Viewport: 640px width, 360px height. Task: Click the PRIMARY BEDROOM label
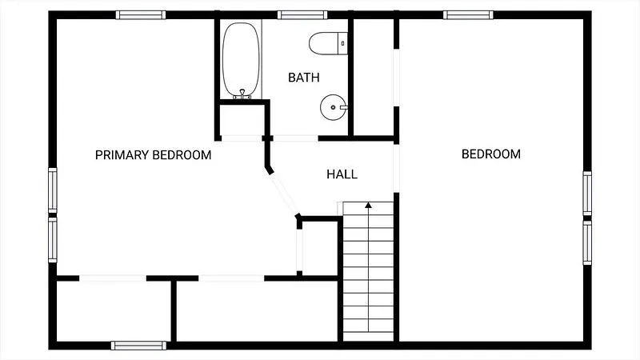(x=153, y=155)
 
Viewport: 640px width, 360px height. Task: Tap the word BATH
(x=304, y=78)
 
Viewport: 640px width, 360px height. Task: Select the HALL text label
(x=342, y=174)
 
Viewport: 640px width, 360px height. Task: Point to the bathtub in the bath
(x=241, y=61)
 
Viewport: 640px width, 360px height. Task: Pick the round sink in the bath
(x=334, y=107)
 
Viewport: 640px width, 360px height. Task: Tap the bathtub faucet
(x=242, y=94)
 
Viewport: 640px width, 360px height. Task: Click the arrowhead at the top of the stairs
(x=369, y=205)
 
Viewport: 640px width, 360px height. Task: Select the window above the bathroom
(x=302, y=15)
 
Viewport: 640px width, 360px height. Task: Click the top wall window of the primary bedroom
(x=141, y=15)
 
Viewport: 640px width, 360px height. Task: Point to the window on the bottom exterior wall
(x=138, y=346)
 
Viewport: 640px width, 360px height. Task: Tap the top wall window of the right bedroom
(x=468, y=15)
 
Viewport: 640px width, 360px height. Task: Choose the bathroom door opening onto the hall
(x=295, y=138)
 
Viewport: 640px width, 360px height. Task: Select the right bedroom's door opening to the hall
(x=396, y=168)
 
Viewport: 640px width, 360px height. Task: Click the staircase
(x=369, y=271)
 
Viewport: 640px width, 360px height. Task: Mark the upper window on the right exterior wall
(x=587, y=194)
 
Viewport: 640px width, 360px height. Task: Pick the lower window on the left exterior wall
(x=53, y=240)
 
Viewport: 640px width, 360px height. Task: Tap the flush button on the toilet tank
(x=343, y=43)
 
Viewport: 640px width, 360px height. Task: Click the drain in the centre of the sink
(x=333, y=107)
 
